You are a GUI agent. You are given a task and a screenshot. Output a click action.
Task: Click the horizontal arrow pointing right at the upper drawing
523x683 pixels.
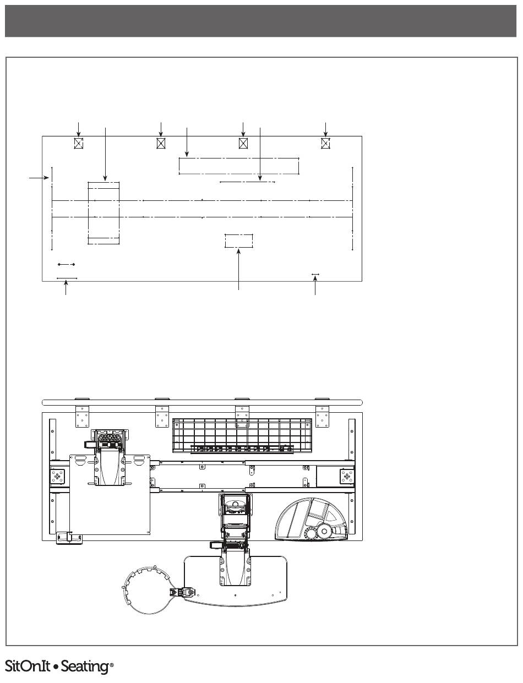coord(39,178)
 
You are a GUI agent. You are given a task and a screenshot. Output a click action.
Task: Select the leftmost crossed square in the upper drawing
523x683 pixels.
coord(79,143)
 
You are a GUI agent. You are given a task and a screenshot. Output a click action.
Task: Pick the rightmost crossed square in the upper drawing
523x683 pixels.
coord(325,143)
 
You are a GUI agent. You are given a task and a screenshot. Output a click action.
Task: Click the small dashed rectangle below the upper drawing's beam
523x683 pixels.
coord(239,241)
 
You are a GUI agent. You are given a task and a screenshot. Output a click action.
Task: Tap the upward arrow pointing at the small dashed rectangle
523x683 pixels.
coord(239,269)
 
